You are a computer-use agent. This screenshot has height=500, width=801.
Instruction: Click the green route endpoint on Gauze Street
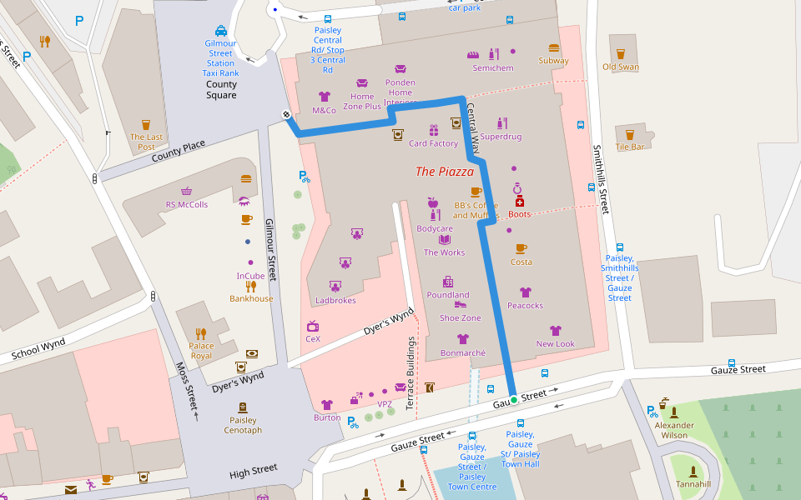514,401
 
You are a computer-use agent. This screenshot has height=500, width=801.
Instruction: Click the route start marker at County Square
286,114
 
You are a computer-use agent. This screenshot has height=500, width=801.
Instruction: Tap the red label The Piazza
445,172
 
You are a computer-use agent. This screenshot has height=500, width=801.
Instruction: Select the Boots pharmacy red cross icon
520,202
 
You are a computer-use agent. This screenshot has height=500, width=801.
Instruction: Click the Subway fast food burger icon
554,48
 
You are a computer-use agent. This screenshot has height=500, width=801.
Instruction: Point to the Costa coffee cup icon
521,248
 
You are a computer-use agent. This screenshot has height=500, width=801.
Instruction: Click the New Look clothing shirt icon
556,331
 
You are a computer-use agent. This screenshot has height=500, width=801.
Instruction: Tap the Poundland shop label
448,295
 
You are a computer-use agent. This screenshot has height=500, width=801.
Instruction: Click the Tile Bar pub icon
630,134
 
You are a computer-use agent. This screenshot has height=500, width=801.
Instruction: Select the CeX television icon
313,326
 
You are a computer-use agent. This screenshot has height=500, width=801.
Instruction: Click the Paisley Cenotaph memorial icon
243,407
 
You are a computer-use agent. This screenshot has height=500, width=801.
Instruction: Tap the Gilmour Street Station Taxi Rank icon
221,30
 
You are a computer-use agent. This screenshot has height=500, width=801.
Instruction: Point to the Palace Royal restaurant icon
201,333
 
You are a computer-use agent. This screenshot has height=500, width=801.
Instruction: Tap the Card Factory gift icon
434,130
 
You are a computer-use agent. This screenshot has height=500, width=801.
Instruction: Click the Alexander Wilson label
674,430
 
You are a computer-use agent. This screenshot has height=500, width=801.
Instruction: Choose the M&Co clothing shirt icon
325,97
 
